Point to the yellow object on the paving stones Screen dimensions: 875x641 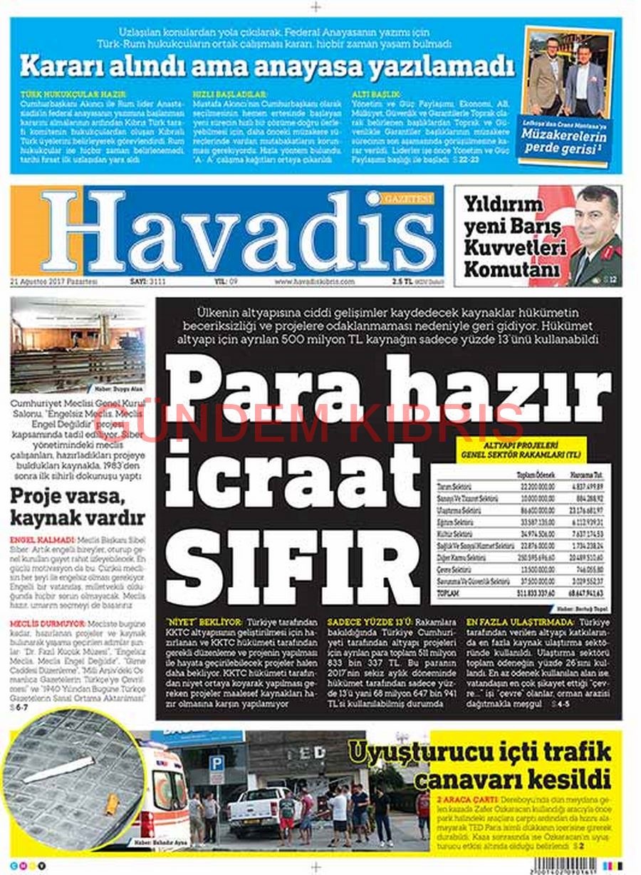pos(111,804)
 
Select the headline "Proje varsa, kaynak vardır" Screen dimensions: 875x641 pos(77,505)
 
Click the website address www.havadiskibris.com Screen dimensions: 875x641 pos(314,282)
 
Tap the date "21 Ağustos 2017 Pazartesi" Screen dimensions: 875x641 pos(54,282)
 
